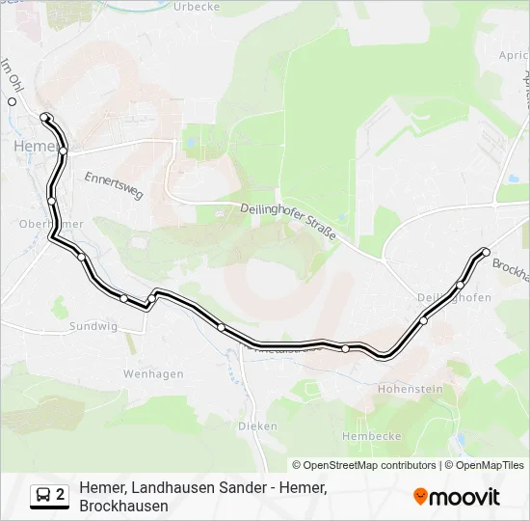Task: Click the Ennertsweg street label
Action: (x=114, y=186)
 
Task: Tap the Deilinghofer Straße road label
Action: (x=288, y=221)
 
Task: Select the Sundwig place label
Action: (x=93, y=327)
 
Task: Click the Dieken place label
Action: (x=257, y=425)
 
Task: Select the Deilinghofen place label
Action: (x=456, y=297)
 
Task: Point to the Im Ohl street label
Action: (x=11, y=74)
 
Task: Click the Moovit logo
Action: (x=457, y=496)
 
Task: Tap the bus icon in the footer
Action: (x=43, y=496)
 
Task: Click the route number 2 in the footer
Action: (x=61, y=496)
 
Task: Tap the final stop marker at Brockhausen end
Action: (x=486, y=253)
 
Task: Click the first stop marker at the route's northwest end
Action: (x=44, y=118)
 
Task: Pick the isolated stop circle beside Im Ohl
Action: (x=13, y=101)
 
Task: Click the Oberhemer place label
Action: (x=50, y=224)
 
